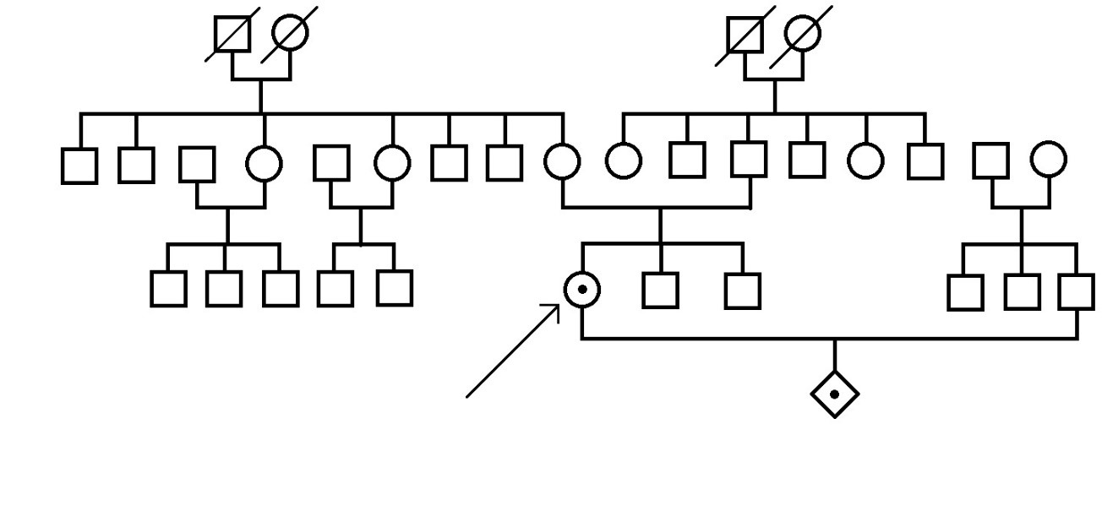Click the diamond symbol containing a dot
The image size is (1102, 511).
(835, 394)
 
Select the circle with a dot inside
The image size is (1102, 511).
(581, 290)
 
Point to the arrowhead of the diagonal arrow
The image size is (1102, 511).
(559, 307)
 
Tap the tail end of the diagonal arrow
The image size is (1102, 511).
(468, 395)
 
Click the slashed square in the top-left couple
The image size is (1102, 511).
(232, 35)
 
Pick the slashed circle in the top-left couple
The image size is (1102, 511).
(290, 33)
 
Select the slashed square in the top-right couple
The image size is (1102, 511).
(745, 35)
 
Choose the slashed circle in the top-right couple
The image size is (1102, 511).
(802, 33)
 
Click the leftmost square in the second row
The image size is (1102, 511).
(79, 165)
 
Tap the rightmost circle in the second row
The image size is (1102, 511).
(1048, 159)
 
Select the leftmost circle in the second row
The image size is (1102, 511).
(265, 163)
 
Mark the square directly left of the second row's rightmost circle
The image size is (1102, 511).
(990, 160)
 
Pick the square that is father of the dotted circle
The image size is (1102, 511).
(750, 159)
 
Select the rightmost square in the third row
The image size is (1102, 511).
(1077, 292)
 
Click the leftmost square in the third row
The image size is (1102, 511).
(168, 288)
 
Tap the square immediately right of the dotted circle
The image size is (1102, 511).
(660, 290)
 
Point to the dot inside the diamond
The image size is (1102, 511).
(835, 394)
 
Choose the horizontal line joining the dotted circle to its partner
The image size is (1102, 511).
(828, 339)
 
